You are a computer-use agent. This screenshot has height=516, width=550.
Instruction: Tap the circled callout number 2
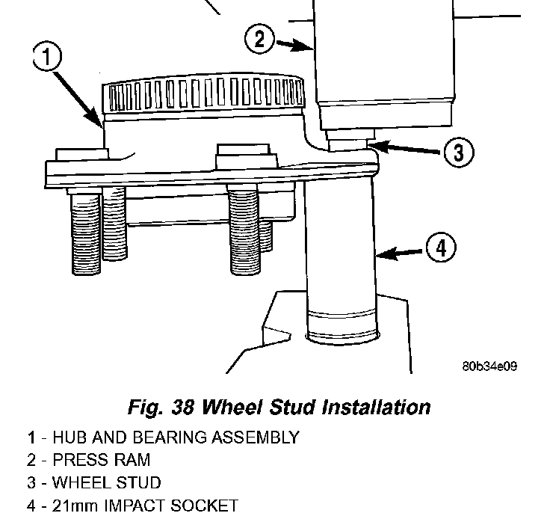point(259,38)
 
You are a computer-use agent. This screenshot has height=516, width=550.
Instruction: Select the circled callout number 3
point(457,153)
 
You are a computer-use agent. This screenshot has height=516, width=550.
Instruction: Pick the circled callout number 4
point(440,247)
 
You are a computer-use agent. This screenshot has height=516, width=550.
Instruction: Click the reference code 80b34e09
point(489,366)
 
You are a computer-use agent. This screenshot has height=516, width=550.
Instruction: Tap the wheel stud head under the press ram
point(348,141)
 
